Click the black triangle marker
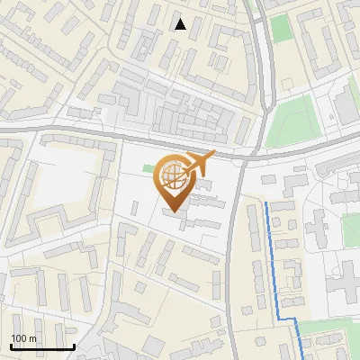(x=181, y=24)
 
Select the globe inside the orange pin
(x=171, y=176)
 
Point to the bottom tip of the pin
(x=172, y=212)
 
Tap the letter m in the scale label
(x=33, y=338)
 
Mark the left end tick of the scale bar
(x=11, y=346)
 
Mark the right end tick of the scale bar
(x=74, y=346)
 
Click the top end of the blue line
(x=267, y=203)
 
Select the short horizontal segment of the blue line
(x=286, y=319)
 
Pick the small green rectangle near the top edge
(x=283, y=26)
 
